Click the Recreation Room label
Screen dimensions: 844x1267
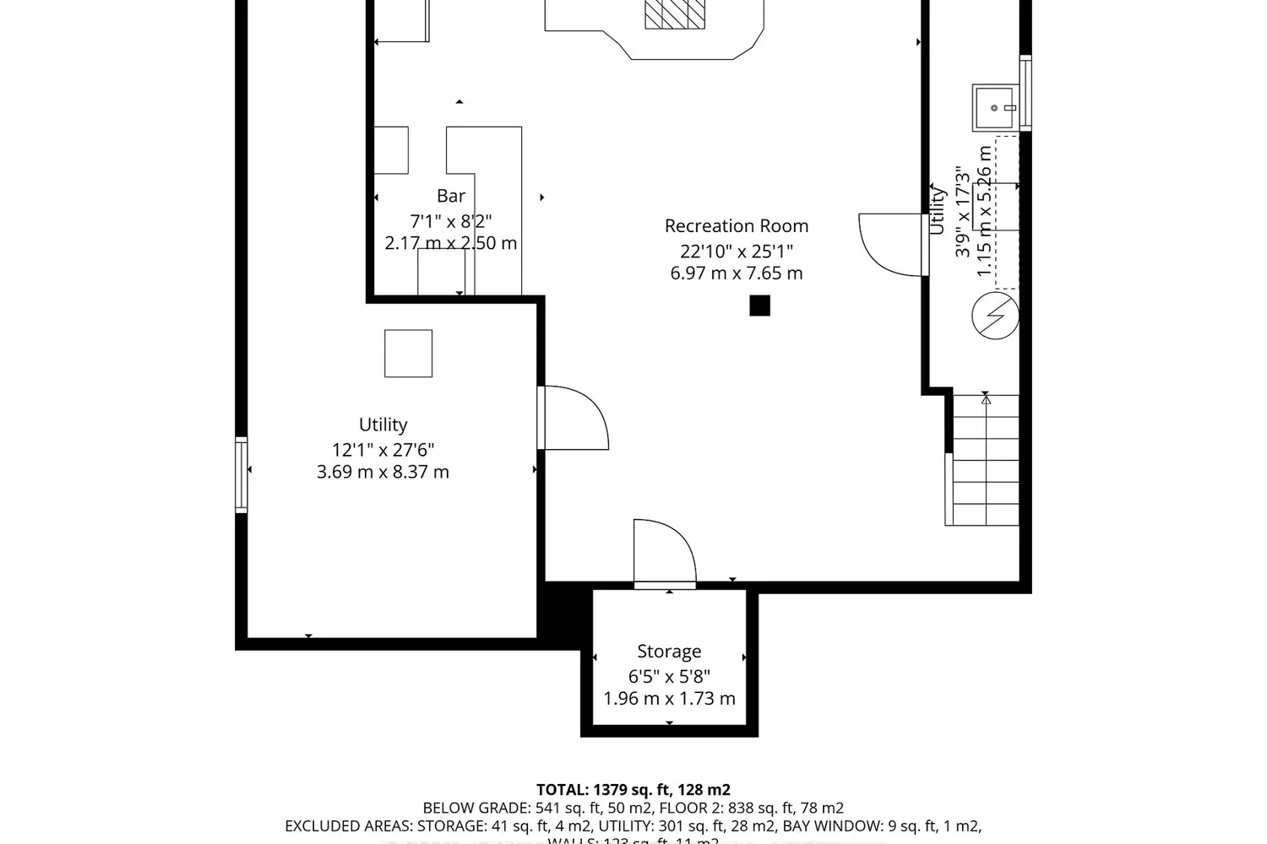(x=736, y=226)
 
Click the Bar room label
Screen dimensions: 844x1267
(x=451, y=196)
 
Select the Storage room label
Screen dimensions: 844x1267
(x=669, y=652)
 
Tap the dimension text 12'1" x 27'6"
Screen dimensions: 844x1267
(x=383, y=450)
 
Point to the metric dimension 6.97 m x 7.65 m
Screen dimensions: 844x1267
(x=736, y=273)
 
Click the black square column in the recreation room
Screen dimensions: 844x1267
(x=759, y=306)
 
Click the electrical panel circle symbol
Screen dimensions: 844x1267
(x=995, y=316)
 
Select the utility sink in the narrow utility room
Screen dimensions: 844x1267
(x=996, y=107)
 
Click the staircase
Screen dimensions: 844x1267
(x=985, y=460)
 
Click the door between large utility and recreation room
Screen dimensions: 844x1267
(x=574, y=418)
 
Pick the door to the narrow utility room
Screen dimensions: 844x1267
(x=893, y=245)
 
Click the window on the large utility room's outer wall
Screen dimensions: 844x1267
(x=242, y=474)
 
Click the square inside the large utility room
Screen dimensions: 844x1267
(x=408, y=353)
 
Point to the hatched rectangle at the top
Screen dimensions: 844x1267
(x=675, y=14)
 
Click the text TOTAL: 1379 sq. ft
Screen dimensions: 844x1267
(x=633, y=790)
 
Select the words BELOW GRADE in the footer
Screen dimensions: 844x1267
(x=476, y=809)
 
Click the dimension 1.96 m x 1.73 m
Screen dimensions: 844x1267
(x=669, y=699)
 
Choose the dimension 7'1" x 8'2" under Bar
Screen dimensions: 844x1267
(x=450, y=221)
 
